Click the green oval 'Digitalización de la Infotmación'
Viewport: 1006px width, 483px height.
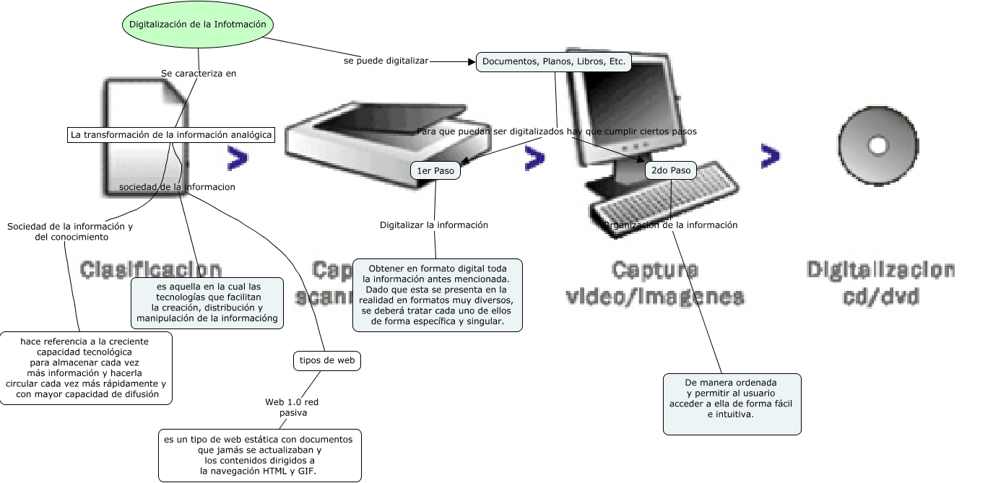coord(197,25)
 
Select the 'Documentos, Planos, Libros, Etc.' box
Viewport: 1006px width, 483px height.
coord(554,62)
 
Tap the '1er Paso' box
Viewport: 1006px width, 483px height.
coord(435,170)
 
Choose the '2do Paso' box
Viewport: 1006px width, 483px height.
coord(671,170)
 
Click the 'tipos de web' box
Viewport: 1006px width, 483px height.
coord(327,360)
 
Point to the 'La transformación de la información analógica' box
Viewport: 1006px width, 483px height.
coord(171,135)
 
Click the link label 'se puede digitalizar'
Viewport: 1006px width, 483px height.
coord(386,61)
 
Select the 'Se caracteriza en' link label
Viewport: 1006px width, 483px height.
coord(199,73)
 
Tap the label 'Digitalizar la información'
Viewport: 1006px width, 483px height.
coord(434,225)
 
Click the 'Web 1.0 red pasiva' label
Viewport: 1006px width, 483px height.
coord(292,407)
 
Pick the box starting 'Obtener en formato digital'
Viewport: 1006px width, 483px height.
coord(438,295)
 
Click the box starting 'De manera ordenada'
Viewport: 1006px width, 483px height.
coord(732,404)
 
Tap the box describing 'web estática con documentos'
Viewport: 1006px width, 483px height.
coord(260,455)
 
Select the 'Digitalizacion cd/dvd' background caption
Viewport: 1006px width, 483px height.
coord(880,283)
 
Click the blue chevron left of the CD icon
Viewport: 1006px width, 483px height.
coord(771,155)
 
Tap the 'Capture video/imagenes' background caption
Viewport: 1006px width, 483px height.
coord(654,283)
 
